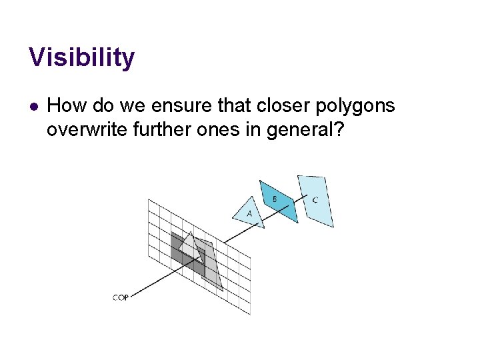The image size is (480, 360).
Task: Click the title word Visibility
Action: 81,58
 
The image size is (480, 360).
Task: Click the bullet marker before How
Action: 34,106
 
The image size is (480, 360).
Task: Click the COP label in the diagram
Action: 120,297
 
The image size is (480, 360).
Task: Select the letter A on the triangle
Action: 249,213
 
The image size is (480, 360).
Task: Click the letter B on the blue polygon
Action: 275,199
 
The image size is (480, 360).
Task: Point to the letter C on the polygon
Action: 315,200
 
